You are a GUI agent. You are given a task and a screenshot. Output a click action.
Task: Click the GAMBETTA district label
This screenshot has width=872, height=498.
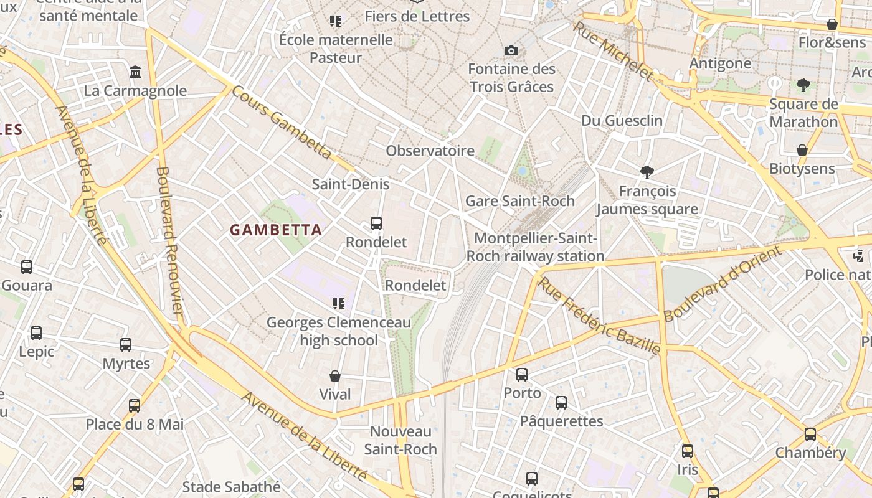[276, 230]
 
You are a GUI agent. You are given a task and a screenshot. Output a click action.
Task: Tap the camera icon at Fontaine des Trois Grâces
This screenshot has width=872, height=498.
[511, 50]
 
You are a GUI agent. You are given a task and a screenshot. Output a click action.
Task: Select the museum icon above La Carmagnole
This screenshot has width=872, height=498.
[135, 72]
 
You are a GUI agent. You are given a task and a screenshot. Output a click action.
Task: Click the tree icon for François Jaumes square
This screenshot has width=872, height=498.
[647, 172]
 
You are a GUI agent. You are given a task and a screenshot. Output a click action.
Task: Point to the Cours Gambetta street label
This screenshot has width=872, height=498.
[282, 122]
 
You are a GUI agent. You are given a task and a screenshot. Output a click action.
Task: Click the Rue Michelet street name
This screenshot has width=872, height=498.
[613, 50]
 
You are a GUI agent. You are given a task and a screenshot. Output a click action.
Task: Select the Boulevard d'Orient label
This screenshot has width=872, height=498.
[722, 284]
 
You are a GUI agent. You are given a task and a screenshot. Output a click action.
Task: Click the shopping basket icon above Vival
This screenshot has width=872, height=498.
[335, 376]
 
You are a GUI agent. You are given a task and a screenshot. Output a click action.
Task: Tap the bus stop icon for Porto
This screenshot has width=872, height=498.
[522, 374]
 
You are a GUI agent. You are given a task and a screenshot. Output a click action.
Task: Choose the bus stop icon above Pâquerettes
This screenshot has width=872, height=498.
[561, 403]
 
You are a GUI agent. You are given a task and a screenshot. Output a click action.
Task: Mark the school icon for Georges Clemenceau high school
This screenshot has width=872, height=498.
[338, 304]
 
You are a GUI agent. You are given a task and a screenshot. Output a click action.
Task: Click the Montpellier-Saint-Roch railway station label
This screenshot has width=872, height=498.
[535, 247]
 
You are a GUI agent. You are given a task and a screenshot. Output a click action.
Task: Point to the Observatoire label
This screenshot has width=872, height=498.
[430, 151]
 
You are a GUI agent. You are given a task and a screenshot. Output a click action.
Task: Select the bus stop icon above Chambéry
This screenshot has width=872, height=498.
[810, 434]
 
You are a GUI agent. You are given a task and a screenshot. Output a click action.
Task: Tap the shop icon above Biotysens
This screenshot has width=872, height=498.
[802, 150]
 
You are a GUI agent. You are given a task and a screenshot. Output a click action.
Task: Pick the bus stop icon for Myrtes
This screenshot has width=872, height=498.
[126, 344]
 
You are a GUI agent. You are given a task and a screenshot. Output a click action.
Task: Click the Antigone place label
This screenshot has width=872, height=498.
[720, 63]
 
